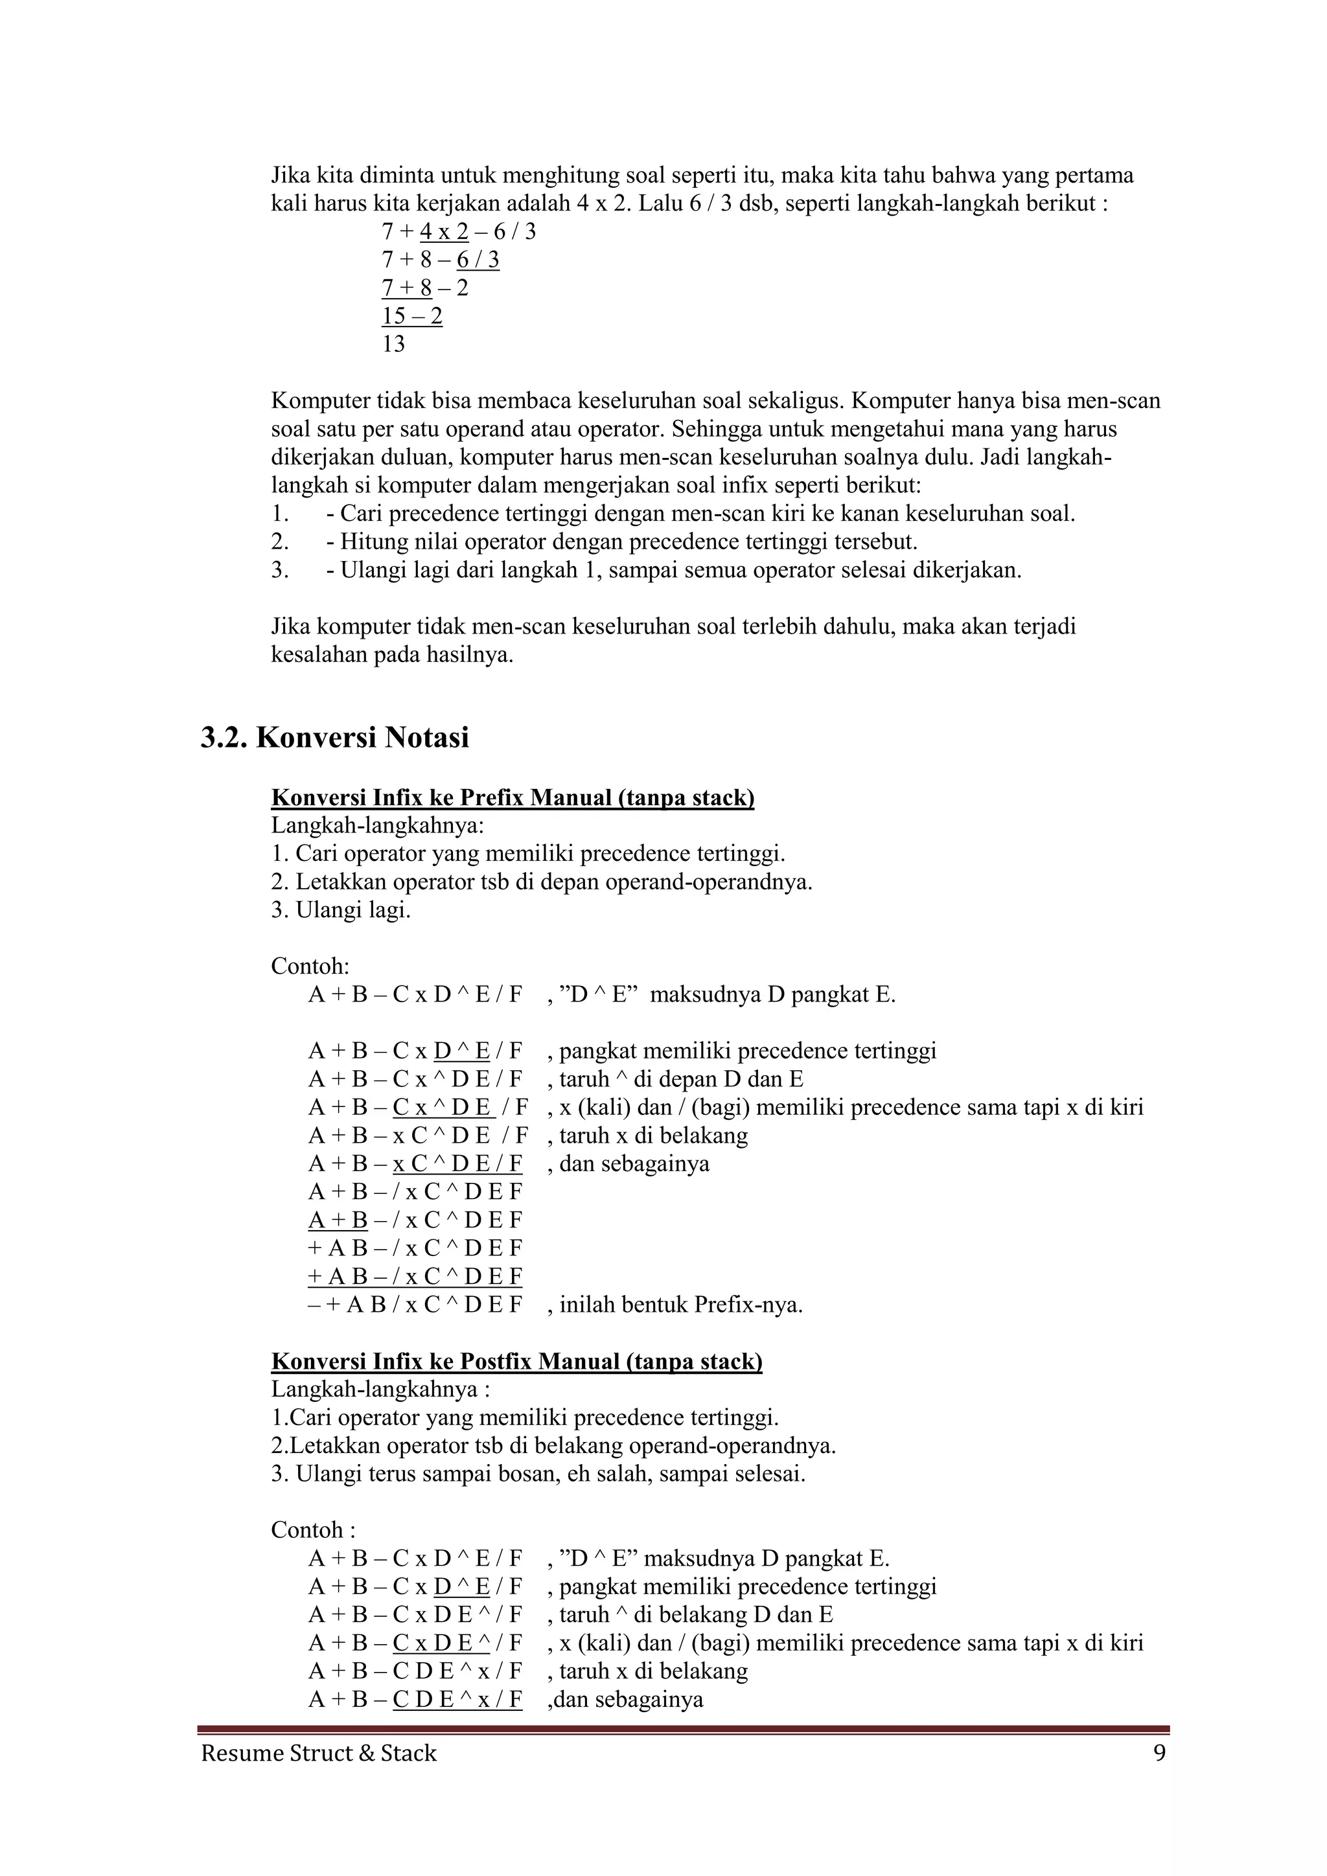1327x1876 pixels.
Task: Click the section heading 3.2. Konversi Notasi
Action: tap(335, 738)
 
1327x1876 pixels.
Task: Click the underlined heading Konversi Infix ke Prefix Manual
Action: tap(513, 797)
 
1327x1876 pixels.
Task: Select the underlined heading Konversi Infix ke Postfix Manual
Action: tap(516, 1361)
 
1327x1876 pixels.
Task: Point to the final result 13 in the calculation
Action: tap(393, 344)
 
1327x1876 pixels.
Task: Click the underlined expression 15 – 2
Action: tap(412, 316)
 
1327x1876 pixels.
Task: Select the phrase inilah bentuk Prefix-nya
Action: tap(680, 1305)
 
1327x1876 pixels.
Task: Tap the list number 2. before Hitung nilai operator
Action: tap(281, 542)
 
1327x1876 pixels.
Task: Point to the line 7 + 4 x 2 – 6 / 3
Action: tap(458, 232)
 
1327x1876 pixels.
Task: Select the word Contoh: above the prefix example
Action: tap(310, 967)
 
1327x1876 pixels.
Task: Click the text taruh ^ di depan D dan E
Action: tap(680, 1079)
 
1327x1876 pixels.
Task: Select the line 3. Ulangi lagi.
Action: tap(341, 910)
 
